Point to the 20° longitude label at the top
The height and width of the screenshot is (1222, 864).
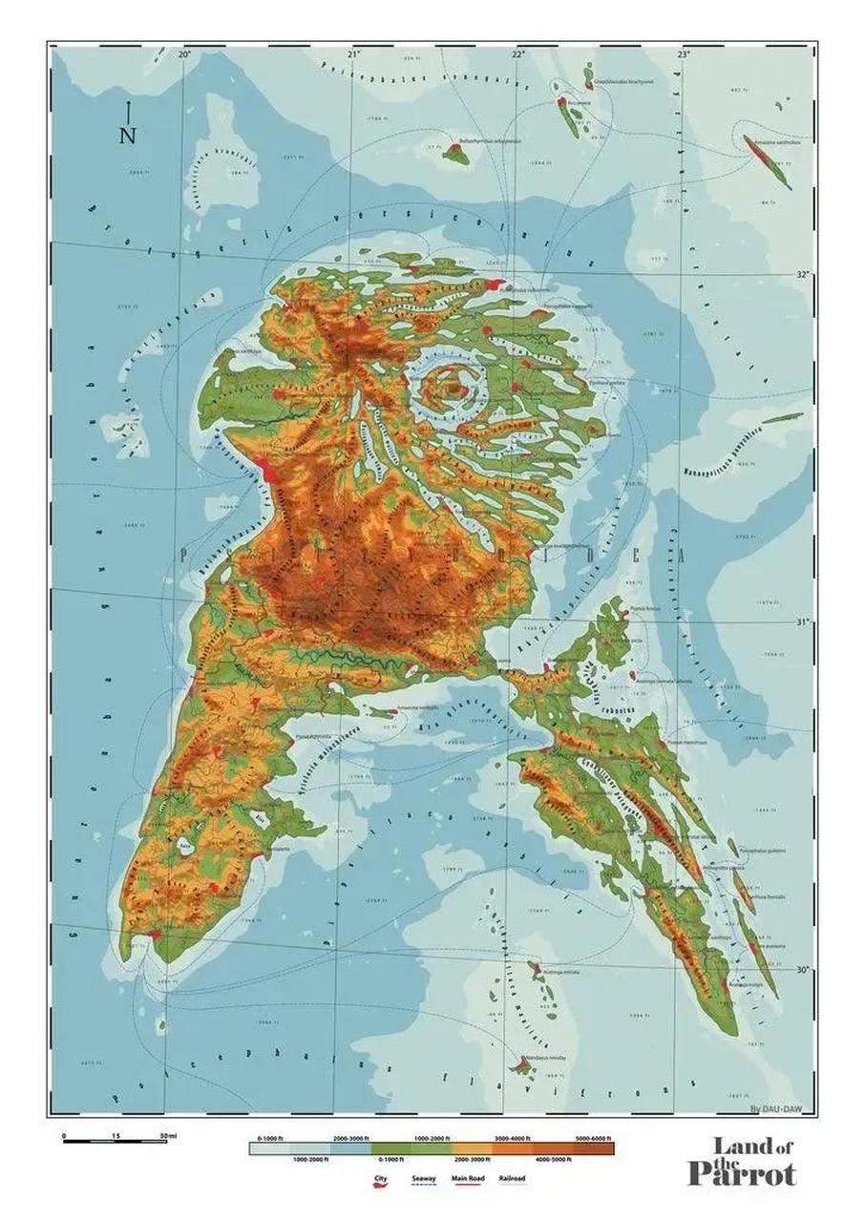click(184, 54)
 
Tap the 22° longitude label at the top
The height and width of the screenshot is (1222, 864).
click(517, 54)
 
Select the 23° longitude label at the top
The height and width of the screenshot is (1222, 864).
click(684, 54)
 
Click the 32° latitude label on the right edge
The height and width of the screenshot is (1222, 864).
click(802, 275)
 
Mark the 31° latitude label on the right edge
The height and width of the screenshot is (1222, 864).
click(802, 622)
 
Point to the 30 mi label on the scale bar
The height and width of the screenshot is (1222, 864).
click(169, 1135)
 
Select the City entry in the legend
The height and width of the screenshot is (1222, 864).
click(380, 1180)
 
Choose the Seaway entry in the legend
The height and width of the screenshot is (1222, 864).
click(425, 1179)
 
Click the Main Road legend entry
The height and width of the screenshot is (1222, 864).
click(469, 1179)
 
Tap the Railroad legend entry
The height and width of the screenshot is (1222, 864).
click(512, 1179)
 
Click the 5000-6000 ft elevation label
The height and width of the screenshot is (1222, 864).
click(594, 1139)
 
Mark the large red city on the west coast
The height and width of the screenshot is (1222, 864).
click(270, 472)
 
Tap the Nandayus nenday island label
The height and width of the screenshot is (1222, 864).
click(546, 1058)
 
